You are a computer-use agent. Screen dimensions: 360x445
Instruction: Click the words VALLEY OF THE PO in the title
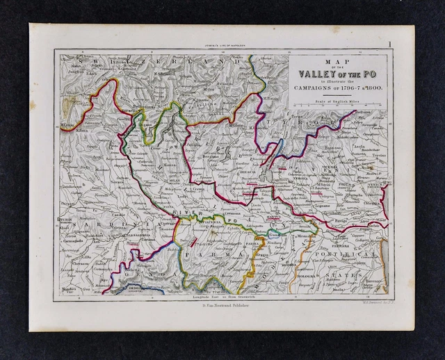click(339, 74)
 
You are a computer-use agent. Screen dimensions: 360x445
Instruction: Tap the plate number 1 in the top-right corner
click(391, 44)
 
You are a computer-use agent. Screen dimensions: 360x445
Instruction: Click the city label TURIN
click(65, 219)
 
